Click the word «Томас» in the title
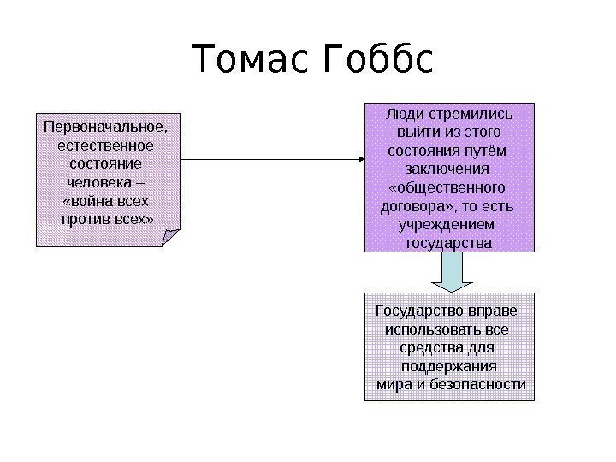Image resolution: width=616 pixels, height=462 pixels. [252, 61]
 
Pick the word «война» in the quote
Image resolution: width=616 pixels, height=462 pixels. [92, 201]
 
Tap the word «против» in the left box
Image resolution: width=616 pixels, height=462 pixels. [86, 219]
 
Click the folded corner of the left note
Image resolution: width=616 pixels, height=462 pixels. [172, 238]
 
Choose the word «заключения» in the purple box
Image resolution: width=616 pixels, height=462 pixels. [448, 169]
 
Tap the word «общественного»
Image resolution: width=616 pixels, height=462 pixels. [448, 187]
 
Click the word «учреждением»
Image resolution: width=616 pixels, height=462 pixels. [448, 224]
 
